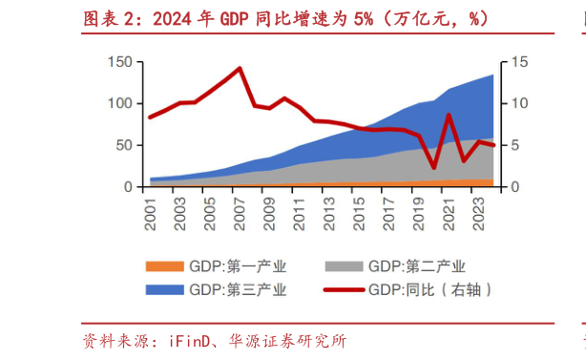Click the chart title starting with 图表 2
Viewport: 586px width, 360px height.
pyautogui.click(x=282, y=18)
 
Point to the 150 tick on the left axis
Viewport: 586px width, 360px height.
pyautogui.click(x=120, y=62)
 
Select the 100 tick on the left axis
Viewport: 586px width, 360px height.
pyautogui.click(x=120, y=104)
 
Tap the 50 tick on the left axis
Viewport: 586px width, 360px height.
pyautogui.click(x=124, y=145)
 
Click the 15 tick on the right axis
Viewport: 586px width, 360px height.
pyautogui.click(x=517, y=62)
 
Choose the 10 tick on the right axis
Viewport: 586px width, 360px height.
pyautogui.click(x=517, y=104)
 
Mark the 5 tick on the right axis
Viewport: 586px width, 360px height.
pyautogui.click(x=513, y=145)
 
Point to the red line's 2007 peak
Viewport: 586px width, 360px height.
pyautogui.click(x=239, y=68)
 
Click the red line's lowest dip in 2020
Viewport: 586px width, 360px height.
pyautogui.click(x=434, y=168)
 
